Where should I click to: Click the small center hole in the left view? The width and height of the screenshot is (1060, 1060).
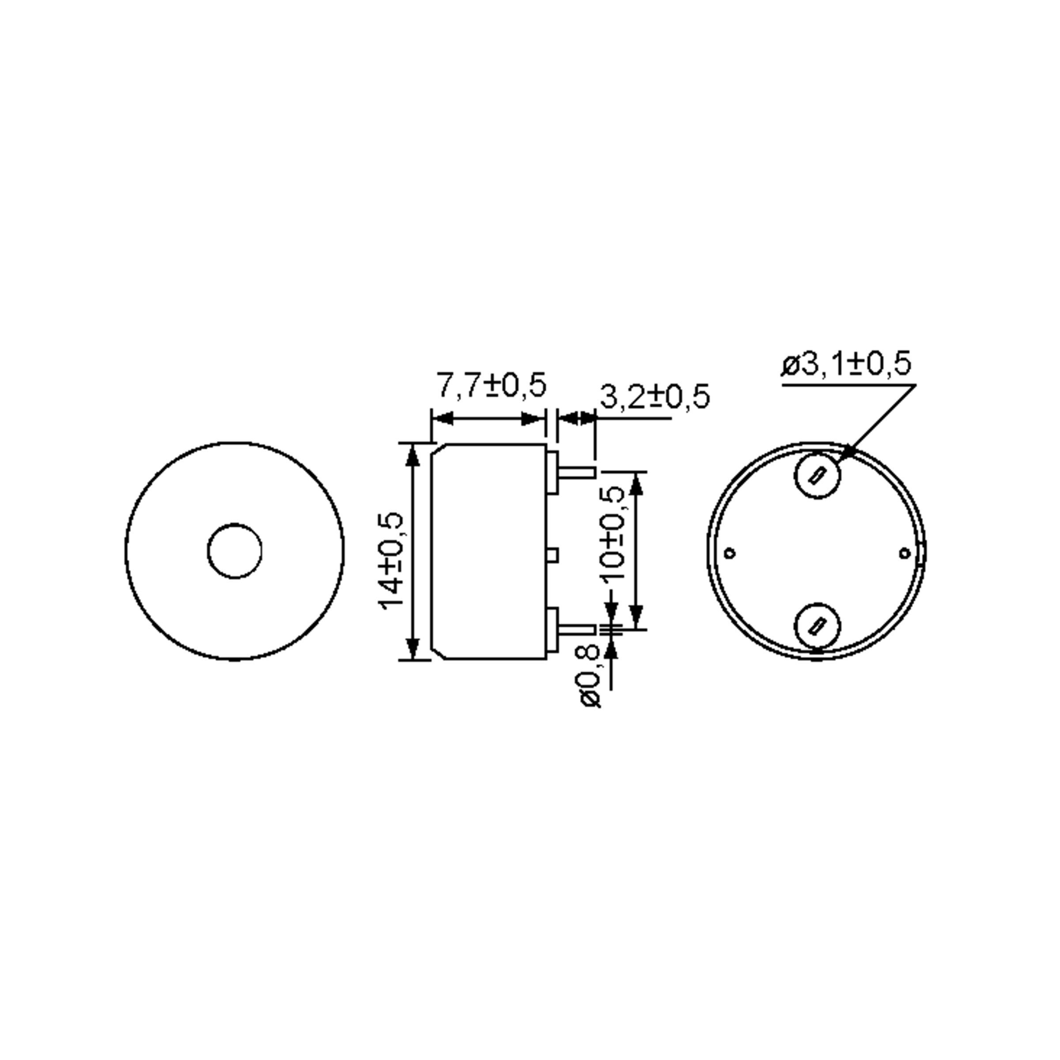coord(235,551)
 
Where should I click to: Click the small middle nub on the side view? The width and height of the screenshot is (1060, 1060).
coord(553,555)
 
